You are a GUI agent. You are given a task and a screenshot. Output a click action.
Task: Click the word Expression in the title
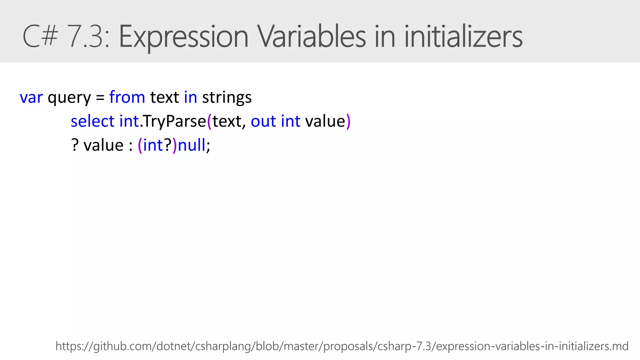click(x=183, y=37)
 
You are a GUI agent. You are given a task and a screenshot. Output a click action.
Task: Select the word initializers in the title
click(x=463, y=37)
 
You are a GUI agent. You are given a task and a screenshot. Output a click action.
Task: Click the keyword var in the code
click(x=31, y=97)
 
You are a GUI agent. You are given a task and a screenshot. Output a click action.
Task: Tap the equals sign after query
click(x=100, y=97)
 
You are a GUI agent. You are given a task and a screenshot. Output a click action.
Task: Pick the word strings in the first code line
click(x=227, y=97)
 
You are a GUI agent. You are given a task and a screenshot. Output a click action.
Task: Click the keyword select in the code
click(x=92, y=121)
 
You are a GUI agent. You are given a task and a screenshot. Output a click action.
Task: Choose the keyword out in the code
click(x=263, y=121)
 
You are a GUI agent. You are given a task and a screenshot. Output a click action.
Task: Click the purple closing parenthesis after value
click(x=348, y=121)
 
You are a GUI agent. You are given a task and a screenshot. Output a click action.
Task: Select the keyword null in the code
click(x=191, y=145)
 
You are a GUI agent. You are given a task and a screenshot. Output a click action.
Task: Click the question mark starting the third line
click(x=75, y=145)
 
